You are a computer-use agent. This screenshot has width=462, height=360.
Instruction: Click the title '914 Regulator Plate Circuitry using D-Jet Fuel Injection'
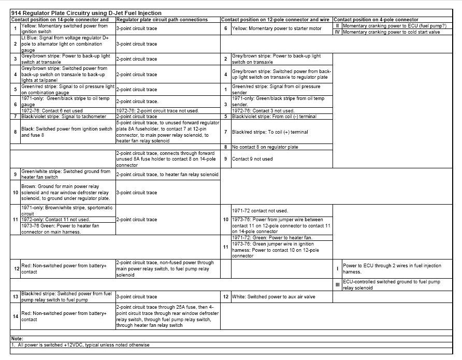pos(86,13)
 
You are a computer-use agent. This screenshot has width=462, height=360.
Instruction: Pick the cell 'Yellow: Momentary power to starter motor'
pos(277,28)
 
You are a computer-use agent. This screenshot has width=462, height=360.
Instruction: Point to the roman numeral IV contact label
pos(337,32)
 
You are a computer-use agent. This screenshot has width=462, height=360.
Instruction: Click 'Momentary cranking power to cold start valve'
pos(392,32)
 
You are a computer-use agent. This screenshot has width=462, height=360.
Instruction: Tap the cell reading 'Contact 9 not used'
pos(252,159)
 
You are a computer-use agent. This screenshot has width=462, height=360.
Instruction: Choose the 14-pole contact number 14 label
pos(16,316)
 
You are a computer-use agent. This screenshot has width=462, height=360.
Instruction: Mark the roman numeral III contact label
pos(337,285)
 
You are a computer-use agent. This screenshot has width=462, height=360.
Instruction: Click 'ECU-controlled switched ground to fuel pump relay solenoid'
pos(391,285)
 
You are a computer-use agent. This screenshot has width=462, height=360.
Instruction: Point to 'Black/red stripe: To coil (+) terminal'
pos(270,132)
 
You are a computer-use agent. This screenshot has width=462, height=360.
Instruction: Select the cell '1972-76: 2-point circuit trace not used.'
pos(157,110)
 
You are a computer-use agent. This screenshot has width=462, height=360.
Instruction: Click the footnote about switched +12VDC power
pos(80,345)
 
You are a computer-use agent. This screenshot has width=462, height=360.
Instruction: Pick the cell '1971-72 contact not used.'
pos(261,211)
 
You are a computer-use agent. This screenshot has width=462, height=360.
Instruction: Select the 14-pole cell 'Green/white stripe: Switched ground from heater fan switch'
pos(66,175)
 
